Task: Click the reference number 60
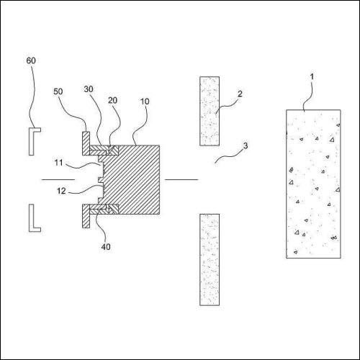pyautogui.click(x=31, y=60)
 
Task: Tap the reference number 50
pyautogui.click(x=58, y=91)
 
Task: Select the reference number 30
pyautogui.click(x=89, y=89)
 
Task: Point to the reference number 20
pyautogui.click(x=112, y=100)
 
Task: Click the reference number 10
pyautogui.click(x=145, y=102)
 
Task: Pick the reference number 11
pyautogui.click(x=58, y=163)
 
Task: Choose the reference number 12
pyautogui.click(x=61, y=191)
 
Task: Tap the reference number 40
pyautogui.click(x=106, y=247)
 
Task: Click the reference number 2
pyautogui.click(x=240, y=94)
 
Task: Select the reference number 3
pyautogui.click(x=246, y=145)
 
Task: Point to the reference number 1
pyautogui.click(x=312, y=77)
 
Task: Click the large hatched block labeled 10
pyautogui.click(x=135, y=180)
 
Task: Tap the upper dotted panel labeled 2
pyautogui.click(x=210, y=111)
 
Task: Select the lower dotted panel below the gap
pyautogui.click(x=210, y=260)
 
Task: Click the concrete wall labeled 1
pyautogui.click(x=313, y=184)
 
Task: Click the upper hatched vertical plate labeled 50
pyautogui.click(x=86, y=143)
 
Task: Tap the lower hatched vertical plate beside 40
pyautogui.click(x=86, y=216)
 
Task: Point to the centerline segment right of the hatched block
pyautogui.click(x=181, y=179)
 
